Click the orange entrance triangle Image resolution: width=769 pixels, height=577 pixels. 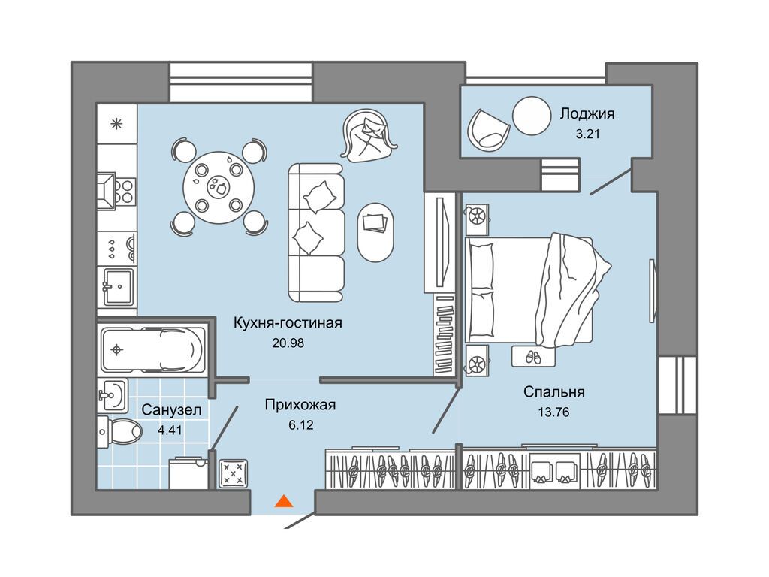tap(283, 501)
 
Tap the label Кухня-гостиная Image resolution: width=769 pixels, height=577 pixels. tap(288, 323)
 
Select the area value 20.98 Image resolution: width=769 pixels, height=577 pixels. tap(288, 343)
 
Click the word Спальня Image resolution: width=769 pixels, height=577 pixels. tap(554, 392)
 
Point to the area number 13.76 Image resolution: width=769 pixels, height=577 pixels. tap(553, 412)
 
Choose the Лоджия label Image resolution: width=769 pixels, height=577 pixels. tap(587, 114)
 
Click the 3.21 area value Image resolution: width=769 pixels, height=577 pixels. tap(587, 134)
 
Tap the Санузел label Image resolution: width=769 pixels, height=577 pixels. tap(171, 409)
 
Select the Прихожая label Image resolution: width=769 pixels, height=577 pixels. tap(300, 405)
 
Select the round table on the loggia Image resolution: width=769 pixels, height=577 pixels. tap(532, 116)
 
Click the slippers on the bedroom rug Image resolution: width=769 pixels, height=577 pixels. tap(533, 357)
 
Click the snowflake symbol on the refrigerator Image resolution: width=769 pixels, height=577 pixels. tap(116, 124)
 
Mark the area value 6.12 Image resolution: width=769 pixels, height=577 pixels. tap(300, 425)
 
